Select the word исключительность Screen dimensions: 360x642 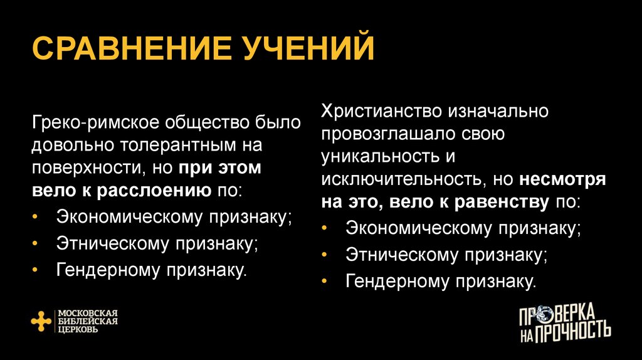coord(399,180)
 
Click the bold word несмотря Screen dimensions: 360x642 coord(562,180)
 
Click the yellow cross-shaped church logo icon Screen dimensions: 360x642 coord(41,320)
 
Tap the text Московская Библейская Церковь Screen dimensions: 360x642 coord(88,320)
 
